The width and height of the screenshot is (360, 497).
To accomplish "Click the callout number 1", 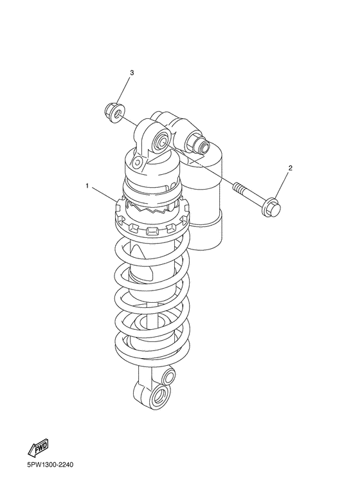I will coord(87,186).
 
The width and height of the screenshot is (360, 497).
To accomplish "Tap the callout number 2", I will coord(290,168).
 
